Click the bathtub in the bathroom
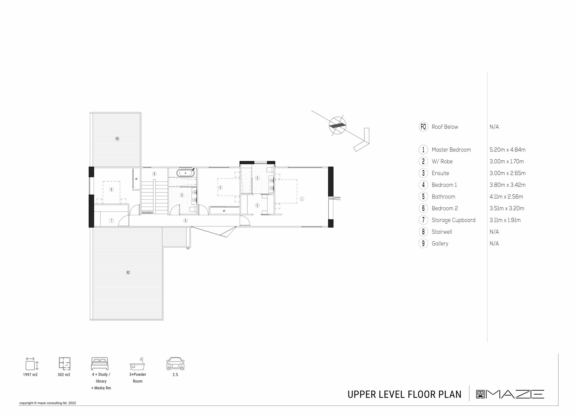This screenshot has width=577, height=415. (185, 173)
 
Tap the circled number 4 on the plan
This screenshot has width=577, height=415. (220, 188)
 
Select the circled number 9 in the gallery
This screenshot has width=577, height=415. (185, 221)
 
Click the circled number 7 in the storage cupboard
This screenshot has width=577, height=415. (111, 221)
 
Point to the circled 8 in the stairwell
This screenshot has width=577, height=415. (154, 174)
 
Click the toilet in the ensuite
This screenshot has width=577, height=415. (270, 170)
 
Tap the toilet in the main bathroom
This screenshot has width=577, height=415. (193, 209)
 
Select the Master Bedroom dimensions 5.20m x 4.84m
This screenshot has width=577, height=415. (508, 150)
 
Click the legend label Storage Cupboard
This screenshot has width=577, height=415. (453, 220)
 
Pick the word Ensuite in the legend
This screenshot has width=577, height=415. (440, 173)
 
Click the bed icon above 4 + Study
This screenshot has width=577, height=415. (100, 364)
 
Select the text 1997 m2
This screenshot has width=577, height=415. (30, 375)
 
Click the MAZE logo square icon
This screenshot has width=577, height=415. (480, 394)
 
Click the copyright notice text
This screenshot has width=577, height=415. (48, 403)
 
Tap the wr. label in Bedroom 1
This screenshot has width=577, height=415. (224, 211)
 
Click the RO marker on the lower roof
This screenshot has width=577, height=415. (128, 272)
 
